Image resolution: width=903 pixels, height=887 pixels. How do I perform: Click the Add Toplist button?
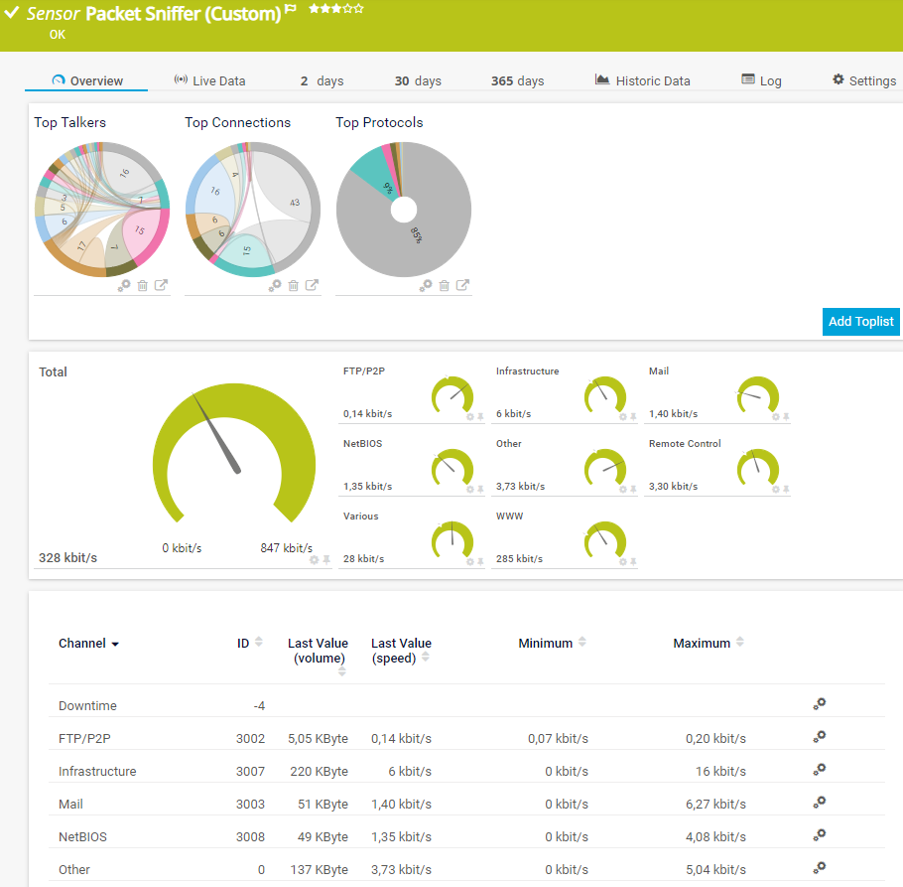click(x=860, y=321)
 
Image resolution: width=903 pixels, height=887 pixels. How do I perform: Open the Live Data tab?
click(x=209, y=80)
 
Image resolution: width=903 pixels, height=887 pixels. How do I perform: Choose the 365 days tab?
click(x=517, y=80)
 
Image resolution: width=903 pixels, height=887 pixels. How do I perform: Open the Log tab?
click(x=761, y=80)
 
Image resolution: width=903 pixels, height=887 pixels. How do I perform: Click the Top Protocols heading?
click(x=379, y=122)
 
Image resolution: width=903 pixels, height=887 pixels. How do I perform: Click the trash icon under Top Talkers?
click(x=143, y=285)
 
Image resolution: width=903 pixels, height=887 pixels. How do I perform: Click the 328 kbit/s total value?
click(x=67, y=557)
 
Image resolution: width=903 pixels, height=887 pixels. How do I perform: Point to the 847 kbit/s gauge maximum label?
click(x=286, y=548)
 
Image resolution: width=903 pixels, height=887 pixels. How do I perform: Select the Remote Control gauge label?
click(x=685, y=443)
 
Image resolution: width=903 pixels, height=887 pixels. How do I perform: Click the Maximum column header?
click(x=702, y=644)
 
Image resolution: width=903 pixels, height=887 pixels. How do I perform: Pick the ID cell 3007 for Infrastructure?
click(x=250, y=771)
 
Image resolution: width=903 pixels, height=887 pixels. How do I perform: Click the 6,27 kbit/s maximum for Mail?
click(x=715, y=804)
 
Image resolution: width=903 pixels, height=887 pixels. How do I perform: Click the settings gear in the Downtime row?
click(x=819, y=704)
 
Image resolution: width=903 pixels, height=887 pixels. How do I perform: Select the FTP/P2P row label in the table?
click(x=84, y=738)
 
